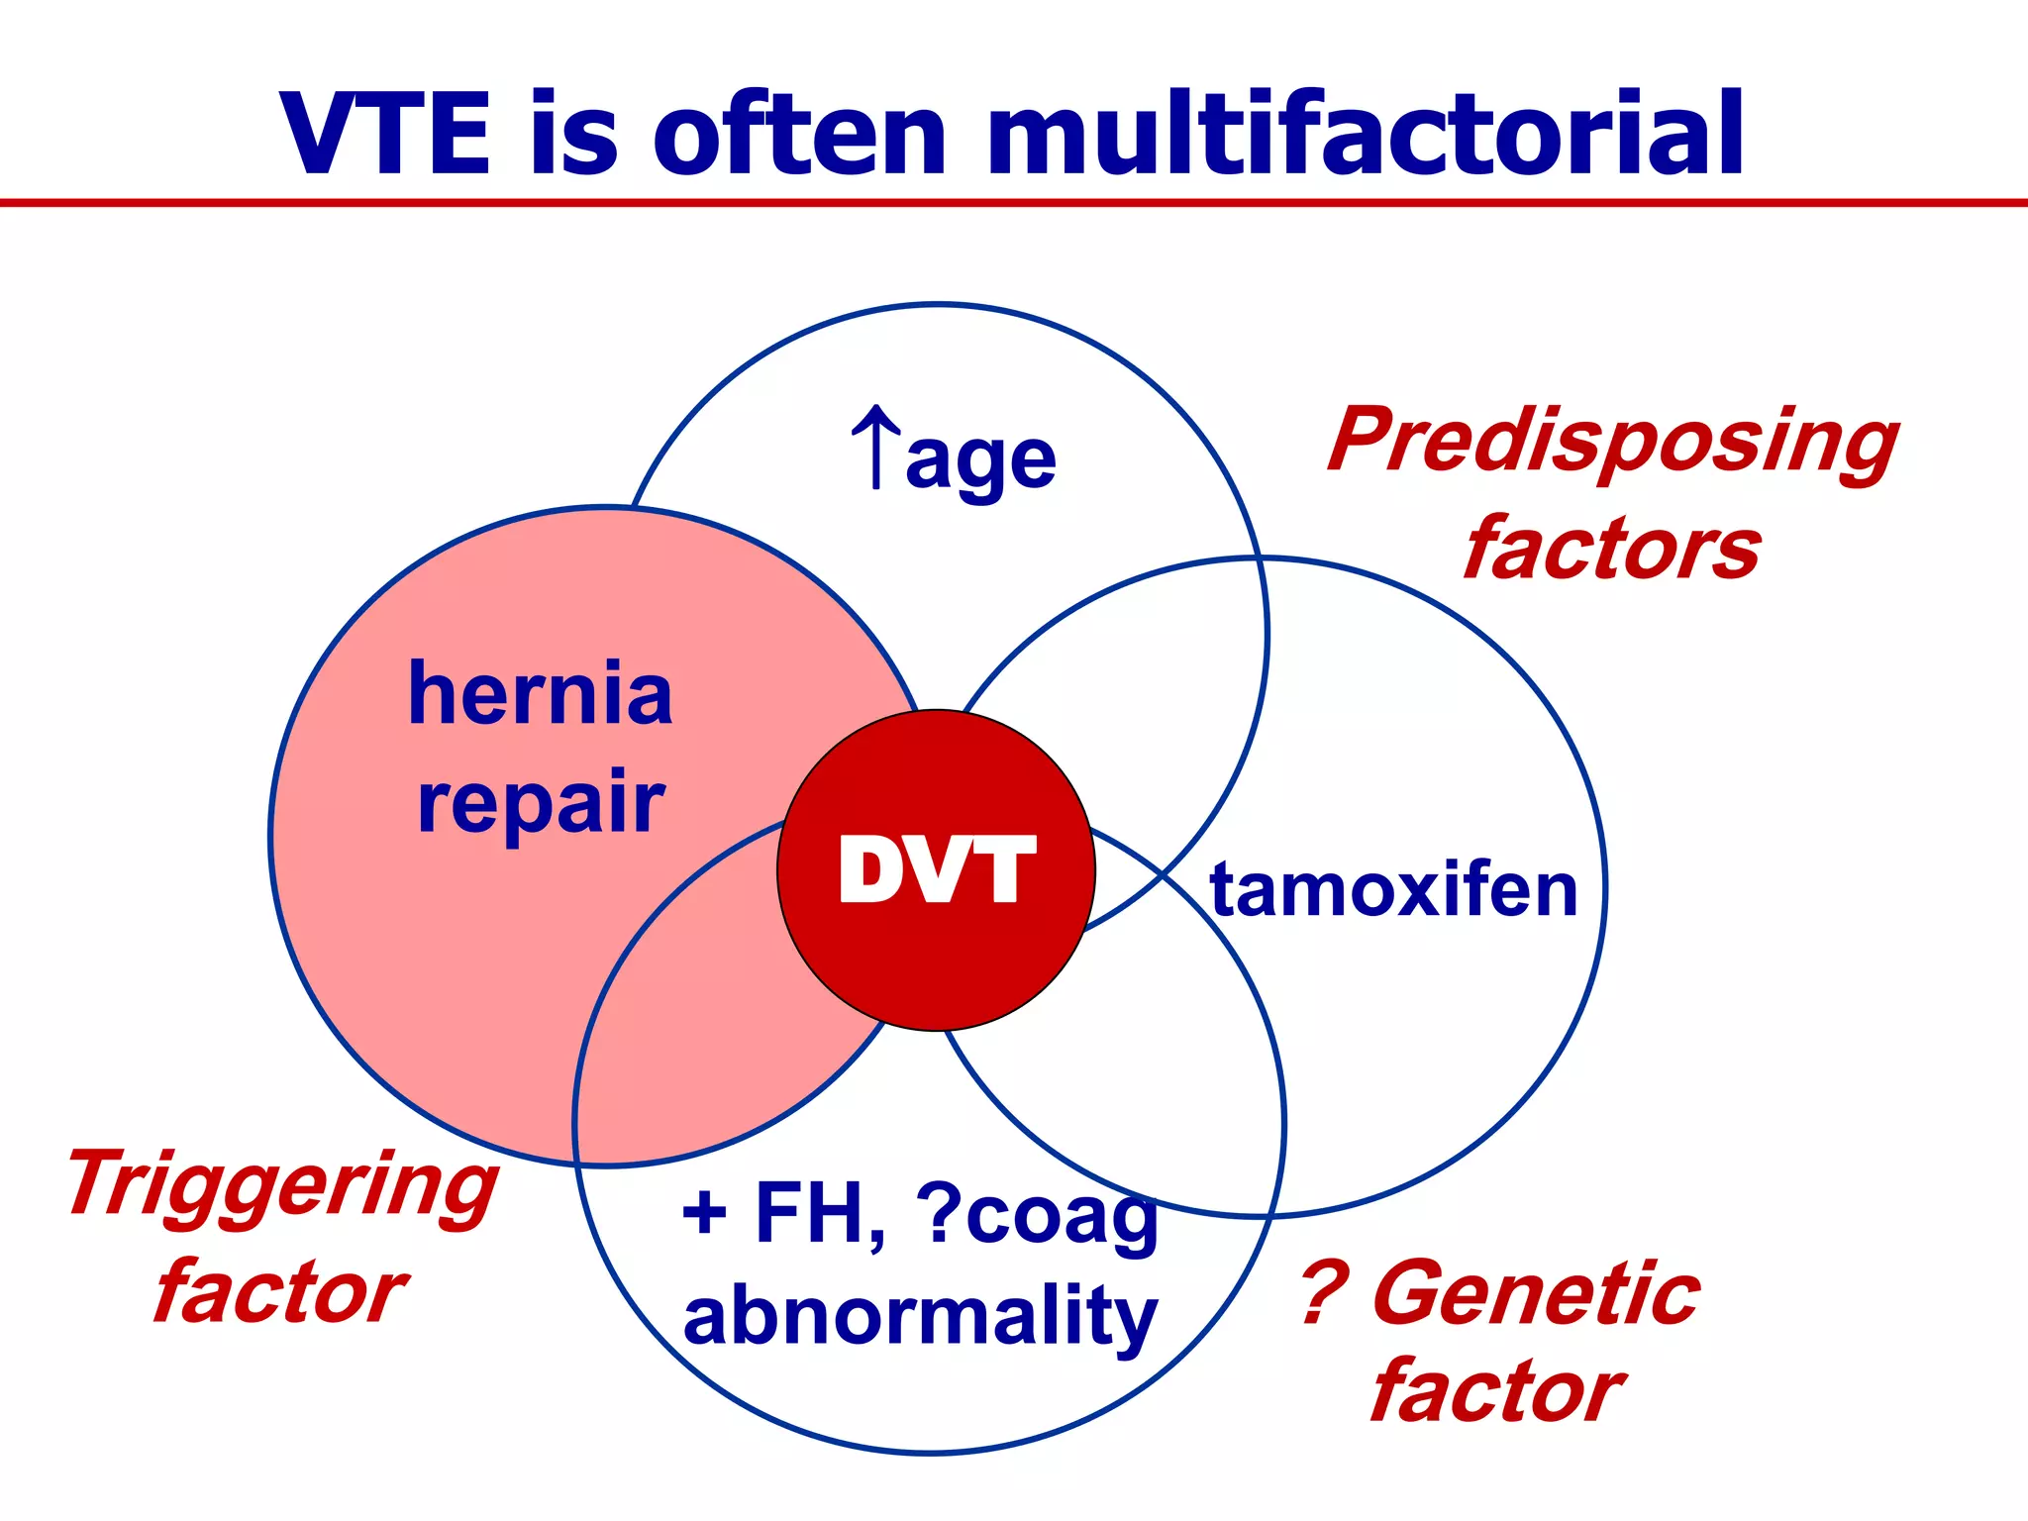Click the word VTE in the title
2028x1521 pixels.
(x=385, y=135)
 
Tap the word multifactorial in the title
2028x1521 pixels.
(x=1365, y=135)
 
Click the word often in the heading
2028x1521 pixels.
(x=799, y=135)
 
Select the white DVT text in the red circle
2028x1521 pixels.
(x=936, y=870)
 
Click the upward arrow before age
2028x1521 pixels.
(x=875, y=448)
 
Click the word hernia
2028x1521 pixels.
(x=541, y=694)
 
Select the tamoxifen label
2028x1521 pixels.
(x=1393, y=890)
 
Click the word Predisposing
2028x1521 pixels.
(x=1613, y=442)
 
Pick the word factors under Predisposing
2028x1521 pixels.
(x=1612, y=550)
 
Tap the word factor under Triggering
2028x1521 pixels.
(x=280, y=1293)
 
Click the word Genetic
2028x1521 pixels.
(x=1536, y=1293)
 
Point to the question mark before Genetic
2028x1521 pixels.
(x=1324, y=1293)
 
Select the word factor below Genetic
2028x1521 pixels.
(x=1496, y=1392)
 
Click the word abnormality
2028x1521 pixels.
(x=920, y=1317)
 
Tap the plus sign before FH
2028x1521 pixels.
(x=704, y=1213)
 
